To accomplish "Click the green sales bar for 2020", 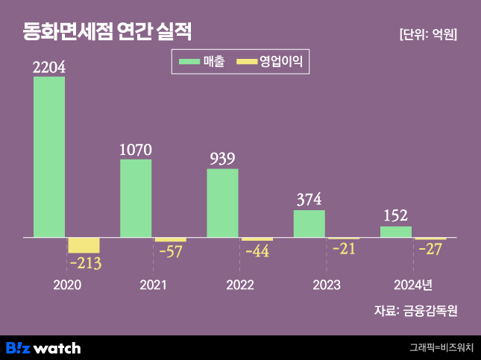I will tap(49, 157).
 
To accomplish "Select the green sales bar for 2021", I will tap(136, 198).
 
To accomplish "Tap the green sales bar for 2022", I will tap(222, 203).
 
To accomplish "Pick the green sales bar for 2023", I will tap(309, 224).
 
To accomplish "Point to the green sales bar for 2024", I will tap(395, 232).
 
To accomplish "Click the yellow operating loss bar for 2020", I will tap(84, 245).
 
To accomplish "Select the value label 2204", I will tap(49, 66).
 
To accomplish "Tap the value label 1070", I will tap(136, 149).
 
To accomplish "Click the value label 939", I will tap(222, 158).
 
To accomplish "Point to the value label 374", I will tap(309, 199).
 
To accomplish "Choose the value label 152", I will tap(395, 215).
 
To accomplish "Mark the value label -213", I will tap(84, 263).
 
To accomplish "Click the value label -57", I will tap(172, 251).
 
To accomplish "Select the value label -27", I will tap(430, 249).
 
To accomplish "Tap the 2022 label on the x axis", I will tap(239, 285).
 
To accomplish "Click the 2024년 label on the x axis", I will tap(413, 285).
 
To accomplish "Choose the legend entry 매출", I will tap(201, 62).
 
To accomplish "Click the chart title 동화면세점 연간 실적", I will tap(107, 32).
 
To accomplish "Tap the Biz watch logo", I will tap(43, 347).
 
